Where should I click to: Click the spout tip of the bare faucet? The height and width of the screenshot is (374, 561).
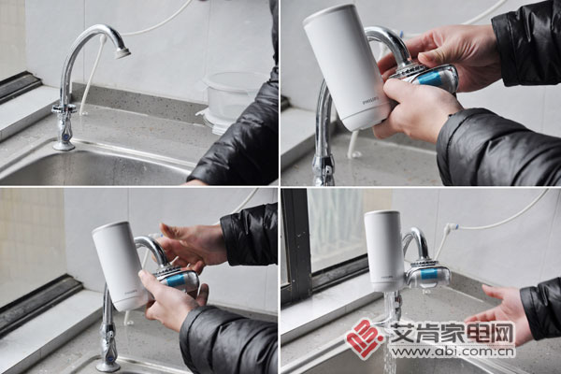pyautogui.click(x=122, y=52)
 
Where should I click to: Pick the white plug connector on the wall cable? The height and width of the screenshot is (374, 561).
pyautogui.click(x=451, y=227)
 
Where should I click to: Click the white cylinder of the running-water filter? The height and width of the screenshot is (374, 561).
pyautogui.click(x=383, y=248)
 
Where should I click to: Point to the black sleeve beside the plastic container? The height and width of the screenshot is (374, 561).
pyautogui.click(x=238, y=140)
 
